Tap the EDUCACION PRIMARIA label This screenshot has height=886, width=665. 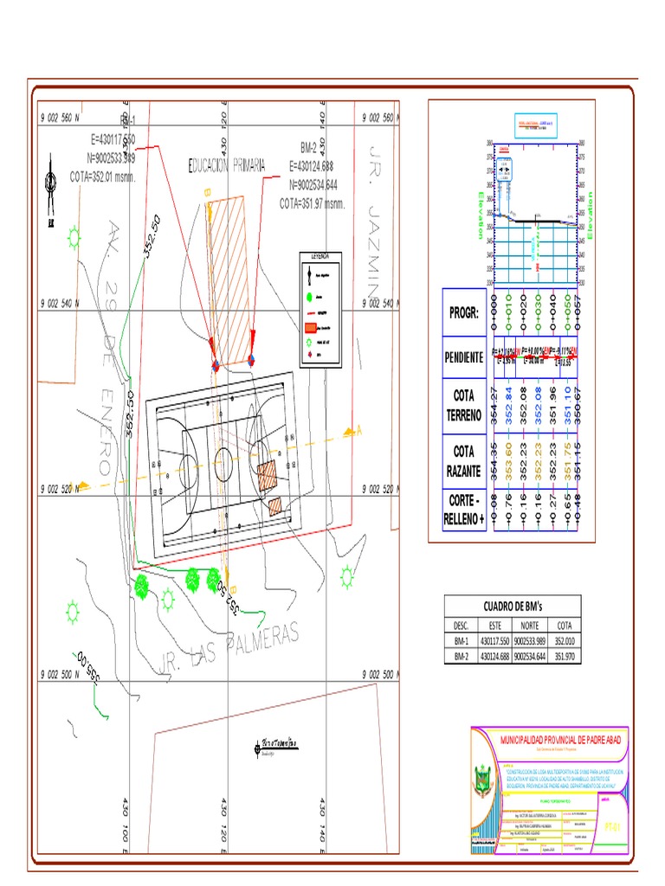[227, 165]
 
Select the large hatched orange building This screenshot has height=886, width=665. [227, 279]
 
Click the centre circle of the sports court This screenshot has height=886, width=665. [223, 458]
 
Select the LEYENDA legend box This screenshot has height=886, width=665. [320, 310]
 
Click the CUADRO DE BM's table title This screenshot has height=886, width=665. [512, 606]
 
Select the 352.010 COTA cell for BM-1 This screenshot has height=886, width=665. [564, 641]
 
